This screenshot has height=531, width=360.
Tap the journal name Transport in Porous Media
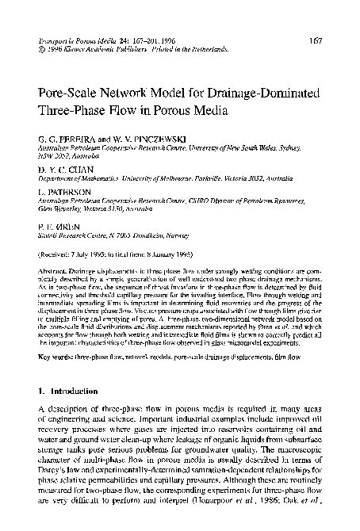pyautogui.click(x=75, y=40)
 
